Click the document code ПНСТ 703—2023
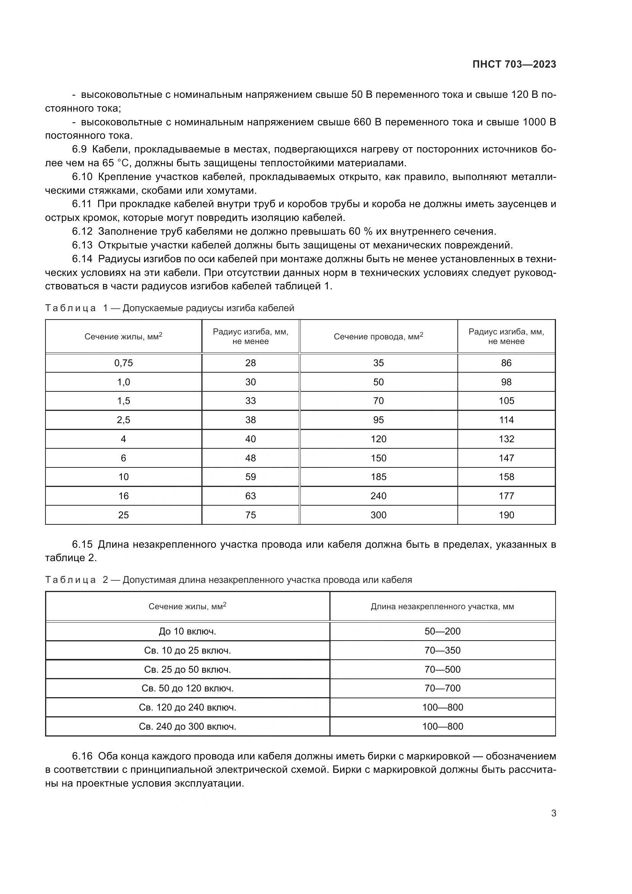(x=514, y=64)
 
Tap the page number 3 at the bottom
(x=553, y=813)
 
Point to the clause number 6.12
(x=82, y=232)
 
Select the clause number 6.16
(x=82, y=756)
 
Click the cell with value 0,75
(x=123, y=363)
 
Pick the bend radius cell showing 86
(x=506, y=363)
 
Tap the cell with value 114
(x=506, y=420)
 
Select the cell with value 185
(x=378, y=477)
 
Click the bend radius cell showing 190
(x=506, y=515)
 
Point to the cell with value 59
(x=250, y=477)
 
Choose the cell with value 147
(x=506, y=458)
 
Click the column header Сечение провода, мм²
(x=378, y=337)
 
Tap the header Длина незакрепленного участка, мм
(x=442, y=607)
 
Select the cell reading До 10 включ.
(x=187, y=631)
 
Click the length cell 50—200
(x=442, y=631)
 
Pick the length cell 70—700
(x=442, y=688)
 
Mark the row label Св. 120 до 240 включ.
(x=187, y=707)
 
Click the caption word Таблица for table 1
(x=70, y=308)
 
